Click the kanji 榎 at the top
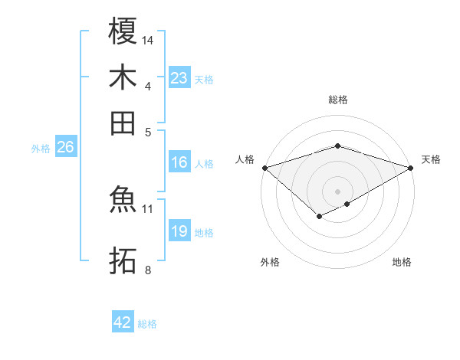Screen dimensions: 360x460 click(123, 31)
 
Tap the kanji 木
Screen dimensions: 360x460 click(123, 77)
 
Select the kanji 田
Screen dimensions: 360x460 click(123, 123)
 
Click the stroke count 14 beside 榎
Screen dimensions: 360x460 click(148, 40)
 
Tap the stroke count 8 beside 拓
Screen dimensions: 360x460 click(148, 270)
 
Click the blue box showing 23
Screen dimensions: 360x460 click(179, 78)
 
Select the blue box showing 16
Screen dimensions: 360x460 click(179, 162)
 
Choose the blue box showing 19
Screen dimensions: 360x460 click(179, 231)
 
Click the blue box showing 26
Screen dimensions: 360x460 click(65, 148)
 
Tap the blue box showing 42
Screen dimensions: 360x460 click(123, 322)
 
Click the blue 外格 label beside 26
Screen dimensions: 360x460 click(41, 149)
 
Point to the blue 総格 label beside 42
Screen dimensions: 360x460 click(147, 324)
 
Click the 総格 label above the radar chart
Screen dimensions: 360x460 click(337, 100)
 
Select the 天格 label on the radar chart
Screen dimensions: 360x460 click(431, 159)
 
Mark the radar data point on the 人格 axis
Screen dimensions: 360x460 click(264, 167)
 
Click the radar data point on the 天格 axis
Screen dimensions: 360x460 click(411, 167)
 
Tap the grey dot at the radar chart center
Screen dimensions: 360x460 click(337, 190)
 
